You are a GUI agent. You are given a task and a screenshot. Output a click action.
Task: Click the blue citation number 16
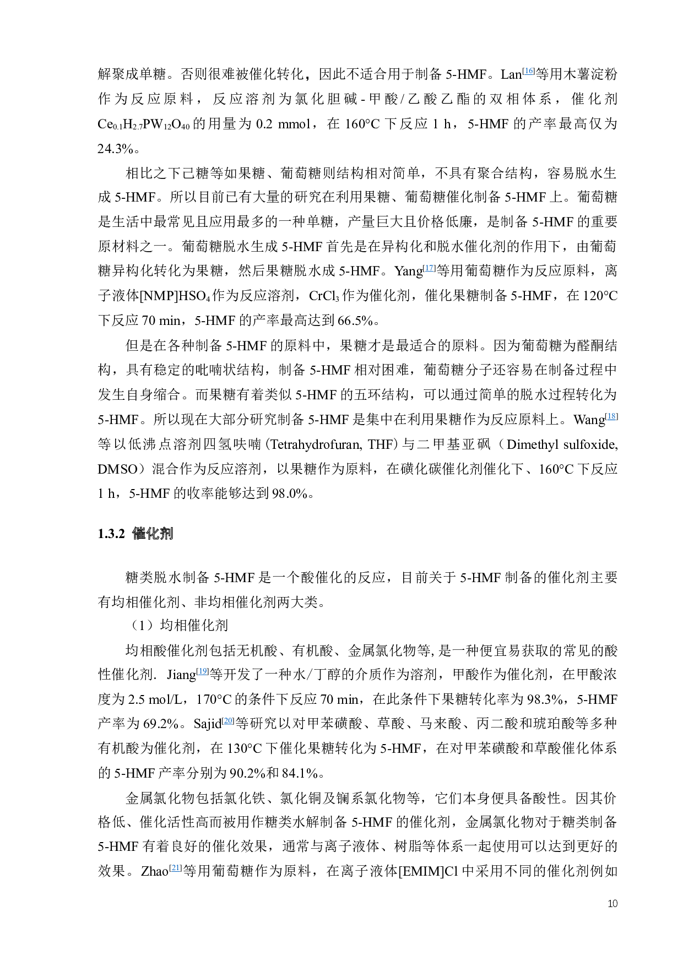click(529, 70)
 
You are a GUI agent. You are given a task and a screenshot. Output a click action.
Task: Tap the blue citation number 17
click(429, 268)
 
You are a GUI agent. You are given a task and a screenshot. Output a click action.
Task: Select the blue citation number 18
click(611, 416)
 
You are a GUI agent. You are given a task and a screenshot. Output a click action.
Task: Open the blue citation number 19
click(203, 671)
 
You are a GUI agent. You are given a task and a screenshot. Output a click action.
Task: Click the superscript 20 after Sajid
click(229, 720)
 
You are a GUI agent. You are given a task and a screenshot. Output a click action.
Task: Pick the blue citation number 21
click(175, 867)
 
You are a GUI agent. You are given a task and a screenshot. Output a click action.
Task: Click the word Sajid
click(207, 723)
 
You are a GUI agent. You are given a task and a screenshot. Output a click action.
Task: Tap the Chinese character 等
click(242, 723)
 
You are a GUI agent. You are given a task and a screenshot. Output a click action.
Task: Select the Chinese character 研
click(256, 723)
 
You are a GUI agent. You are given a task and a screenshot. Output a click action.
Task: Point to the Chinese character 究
click(270, 723)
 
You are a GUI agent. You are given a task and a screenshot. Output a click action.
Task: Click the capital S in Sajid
click(197, 723)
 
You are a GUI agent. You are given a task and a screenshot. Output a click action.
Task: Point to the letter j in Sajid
click(209, 724)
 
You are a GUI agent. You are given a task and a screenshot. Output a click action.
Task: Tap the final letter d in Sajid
click(218, 723)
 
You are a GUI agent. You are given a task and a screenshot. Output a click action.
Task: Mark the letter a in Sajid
click(204, 724)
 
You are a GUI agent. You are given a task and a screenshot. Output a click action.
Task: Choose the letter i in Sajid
click(213, 723)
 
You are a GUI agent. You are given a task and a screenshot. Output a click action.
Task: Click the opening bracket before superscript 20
click(223, 720)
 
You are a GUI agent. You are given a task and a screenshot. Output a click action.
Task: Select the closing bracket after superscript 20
click(234, 720)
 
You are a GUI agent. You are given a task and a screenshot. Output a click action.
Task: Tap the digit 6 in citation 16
click(530, 70)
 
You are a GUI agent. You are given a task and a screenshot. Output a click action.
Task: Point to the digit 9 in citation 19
click(204, 671)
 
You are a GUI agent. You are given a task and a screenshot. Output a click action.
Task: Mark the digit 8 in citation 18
click(613, 416)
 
